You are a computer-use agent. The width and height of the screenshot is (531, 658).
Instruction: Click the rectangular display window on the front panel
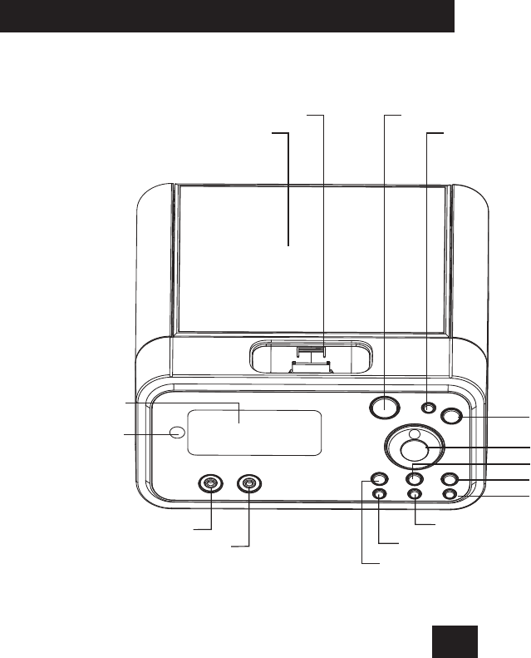pyautogui.click(x=254, y=433)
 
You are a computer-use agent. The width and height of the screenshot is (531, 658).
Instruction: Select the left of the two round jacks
pyautogui.click(x=211, y=483)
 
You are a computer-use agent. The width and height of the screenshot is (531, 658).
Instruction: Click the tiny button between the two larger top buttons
pyautogui.click(x=428, y=408)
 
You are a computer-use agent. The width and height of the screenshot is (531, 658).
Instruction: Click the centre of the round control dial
pyautogui.click(x=414, y=449)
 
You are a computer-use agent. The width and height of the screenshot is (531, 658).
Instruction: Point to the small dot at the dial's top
pyautogui.click(x=415, y=432)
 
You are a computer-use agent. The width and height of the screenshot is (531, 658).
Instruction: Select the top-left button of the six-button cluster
pyautogui.click(x=379, y=479)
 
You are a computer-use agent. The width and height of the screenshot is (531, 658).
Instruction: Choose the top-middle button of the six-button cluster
pyautogui.click(x=415, y=479)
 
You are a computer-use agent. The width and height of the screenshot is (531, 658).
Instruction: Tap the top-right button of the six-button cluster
pyautogui.click(x=450, y=479)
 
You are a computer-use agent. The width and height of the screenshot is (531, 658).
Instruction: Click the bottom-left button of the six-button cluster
pyautogui.click(x=379, y=494)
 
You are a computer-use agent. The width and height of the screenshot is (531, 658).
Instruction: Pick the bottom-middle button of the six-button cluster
pyautogui.click(x=415, y=494)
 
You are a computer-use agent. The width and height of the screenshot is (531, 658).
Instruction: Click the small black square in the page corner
pyautogui.click(x=455, y=641)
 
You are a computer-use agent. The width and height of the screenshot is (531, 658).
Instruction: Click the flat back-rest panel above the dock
pyautogui.click(x=312, y=258)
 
